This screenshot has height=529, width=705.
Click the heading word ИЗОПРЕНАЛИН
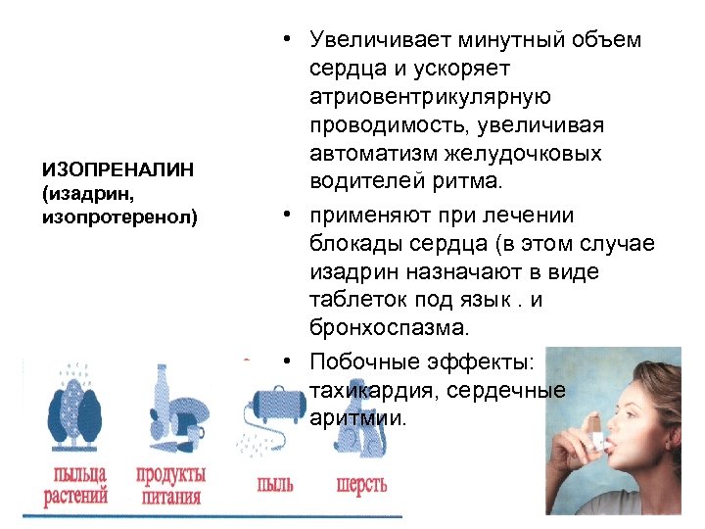117,170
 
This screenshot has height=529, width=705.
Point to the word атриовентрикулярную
431,97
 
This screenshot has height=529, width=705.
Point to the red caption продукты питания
170,485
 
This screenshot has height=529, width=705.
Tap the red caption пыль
274,484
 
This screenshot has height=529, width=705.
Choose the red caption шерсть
361,484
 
